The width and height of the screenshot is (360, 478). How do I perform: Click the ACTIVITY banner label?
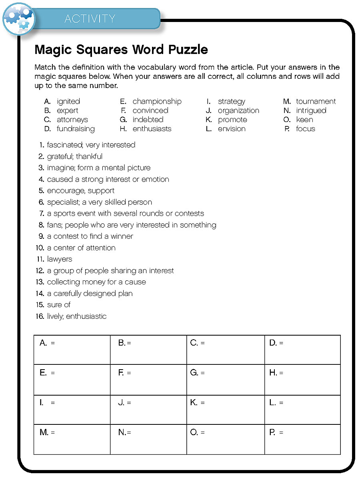(90, 19)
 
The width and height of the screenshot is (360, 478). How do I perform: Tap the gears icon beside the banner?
(18, 18)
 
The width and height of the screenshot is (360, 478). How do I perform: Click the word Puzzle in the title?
(188, 50)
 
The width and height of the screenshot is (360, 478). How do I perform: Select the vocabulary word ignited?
(68, 102)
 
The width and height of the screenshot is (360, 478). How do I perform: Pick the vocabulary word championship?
(157, 102)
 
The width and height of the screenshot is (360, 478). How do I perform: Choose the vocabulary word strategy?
(231, 102)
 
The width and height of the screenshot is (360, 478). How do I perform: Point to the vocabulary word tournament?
(316, 102)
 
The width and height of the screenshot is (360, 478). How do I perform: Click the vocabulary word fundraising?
(76, 129)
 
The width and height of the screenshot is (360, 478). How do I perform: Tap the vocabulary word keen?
(304, 120)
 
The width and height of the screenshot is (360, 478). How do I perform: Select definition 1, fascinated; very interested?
(91, 145)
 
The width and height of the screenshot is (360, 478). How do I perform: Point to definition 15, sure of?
(58, 305)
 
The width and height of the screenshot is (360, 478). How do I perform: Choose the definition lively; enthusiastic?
(76, 316)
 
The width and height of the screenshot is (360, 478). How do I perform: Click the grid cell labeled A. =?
(72, 350)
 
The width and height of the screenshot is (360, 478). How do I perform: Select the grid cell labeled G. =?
(226, 380)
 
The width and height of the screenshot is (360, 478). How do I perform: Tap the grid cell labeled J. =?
(148, 410)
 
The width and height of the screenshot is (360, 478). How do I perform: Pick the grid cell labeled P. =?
(302, 439)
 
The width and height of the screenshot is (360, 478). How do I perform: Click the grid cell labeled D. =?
(302, 350)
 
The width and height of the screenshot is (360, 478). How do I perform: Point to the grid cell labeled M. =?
(72, 439)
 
